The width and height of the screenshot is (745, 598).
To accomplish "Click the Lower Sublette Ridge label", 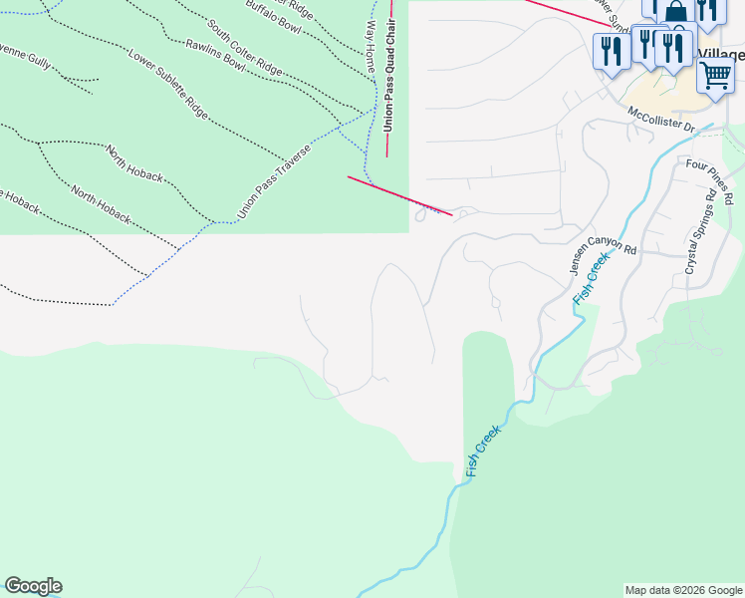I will [168, 83].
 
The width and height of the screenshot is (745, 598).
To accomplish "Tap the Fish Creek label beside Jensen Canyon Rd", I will [592, 280].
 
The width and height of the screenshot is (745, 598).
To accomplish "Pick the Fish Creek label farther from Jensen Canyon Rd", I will [483, 448].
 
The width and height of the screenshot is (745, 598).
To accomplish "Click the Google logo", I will [33, 586].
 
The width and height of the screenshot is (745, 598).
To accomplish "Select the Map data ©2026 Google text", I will [683, 590].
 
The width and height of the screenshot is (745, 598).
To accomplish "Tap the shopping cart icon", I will [715, 75].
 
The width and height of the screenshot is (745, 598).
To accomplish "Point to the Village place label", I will [721, 54].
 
